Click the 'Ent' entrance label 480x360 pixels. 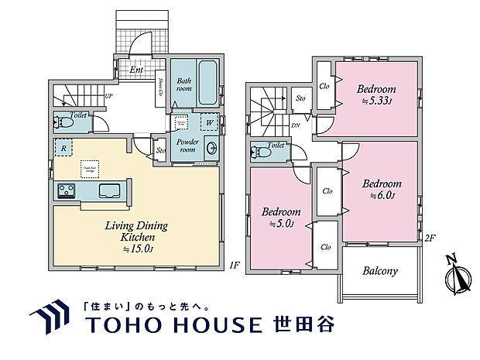136,70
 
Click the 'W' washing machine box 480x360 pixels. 208,122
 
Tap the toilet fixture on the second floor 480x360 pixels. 262,152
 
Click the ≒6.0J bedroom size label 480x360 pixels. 382,195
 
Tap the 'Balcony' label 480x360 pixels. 379,271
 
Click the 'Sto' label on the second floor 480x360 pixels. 300,98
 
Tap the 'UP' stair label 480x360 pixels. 108,97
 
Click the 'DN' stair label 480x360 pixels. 296,125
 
